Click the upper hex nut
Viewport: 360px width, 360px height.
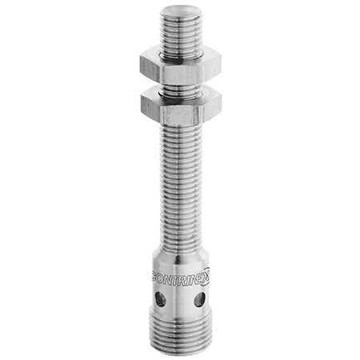pos(181,64)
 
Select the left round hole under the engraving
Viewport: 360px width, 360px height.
pos(160,299)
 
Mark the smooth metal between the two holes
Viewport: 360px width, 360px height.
pos(179,301)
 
